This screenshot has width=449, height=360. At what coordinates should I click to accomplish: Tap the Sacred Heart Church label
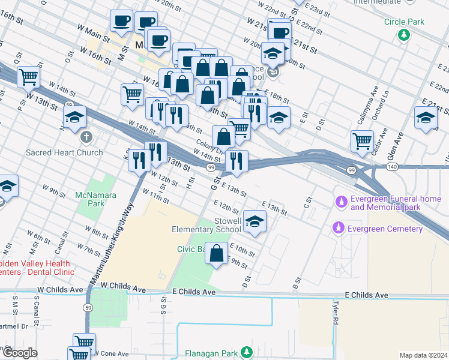coord(64,152)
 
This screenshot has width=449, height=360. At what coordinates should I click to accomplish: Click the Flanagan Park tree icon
coord(246,352)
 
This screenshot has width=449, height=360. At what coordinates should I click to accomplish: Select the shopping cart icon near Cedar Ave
coord(363,141)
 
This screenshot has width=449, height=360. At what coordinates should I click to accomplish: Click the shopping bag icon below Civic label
coord(217,253)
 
